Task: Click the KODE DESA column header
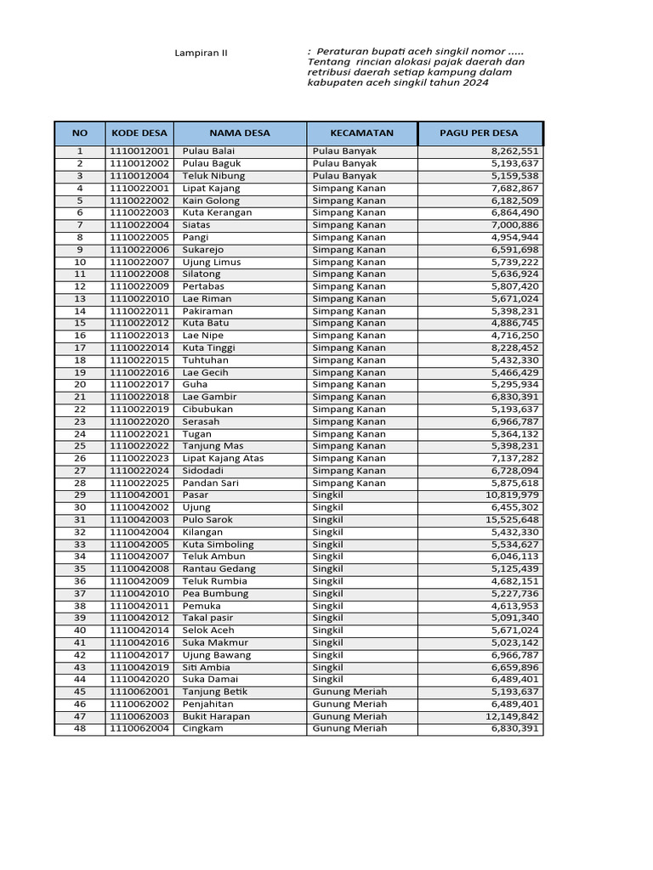139,133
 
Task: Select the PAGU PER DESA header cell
479,133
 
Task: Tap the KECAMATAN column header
362,133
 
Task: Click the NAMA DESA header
240,133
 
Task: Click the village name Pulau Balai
208,151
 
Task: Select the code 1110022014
139,348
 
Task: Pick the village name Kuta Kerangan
217,212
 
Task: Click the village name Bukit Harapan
216,717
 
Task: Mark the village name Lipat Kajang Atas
223,459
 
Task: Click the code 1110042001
139,495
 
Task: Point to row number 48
80,729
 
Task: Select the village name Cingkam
202,729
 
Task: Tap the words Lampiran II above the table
201,54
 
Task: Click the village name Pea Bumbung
215,594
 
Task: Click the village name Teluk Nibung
213,176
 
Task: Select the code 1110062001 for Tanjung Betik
139,692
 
